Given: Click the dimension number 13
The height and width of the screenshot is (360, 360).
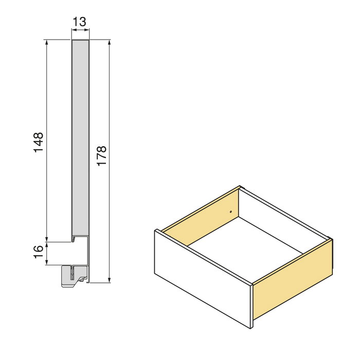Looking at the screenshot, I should click(80, 22).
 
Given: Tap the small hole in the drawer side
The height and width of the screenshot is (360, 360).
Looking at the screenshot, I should click(231, 211).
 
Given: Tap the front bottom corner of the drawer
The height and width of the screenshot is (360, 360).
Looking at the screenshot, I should click(251, 328).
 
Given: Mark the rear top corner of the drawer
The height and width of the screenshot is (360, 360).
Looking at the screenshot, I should click(240, 186).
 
